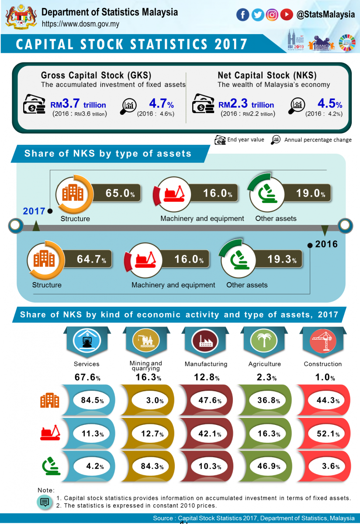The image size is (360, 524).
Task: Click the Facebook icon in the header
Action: coord(242,15)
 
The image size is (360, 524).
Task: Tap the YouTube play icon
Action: coord(287,15)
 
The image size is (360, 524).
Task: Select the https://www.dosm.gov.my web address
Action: coord(80,24)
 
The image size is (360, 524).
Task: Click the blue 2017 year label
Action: coord(34,211)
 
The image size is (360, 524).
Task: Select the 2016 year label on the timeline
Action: coord(326,244)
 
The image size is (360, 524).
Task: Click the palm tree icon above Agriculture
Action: coord(263,340)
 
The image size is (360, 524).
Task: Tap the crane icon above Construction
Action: coord(322,340)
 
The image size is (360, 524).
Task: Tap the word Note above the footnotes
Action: coord(46,490)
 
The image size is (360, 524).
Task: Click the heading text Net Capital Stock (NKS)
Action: coord(267,76)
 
